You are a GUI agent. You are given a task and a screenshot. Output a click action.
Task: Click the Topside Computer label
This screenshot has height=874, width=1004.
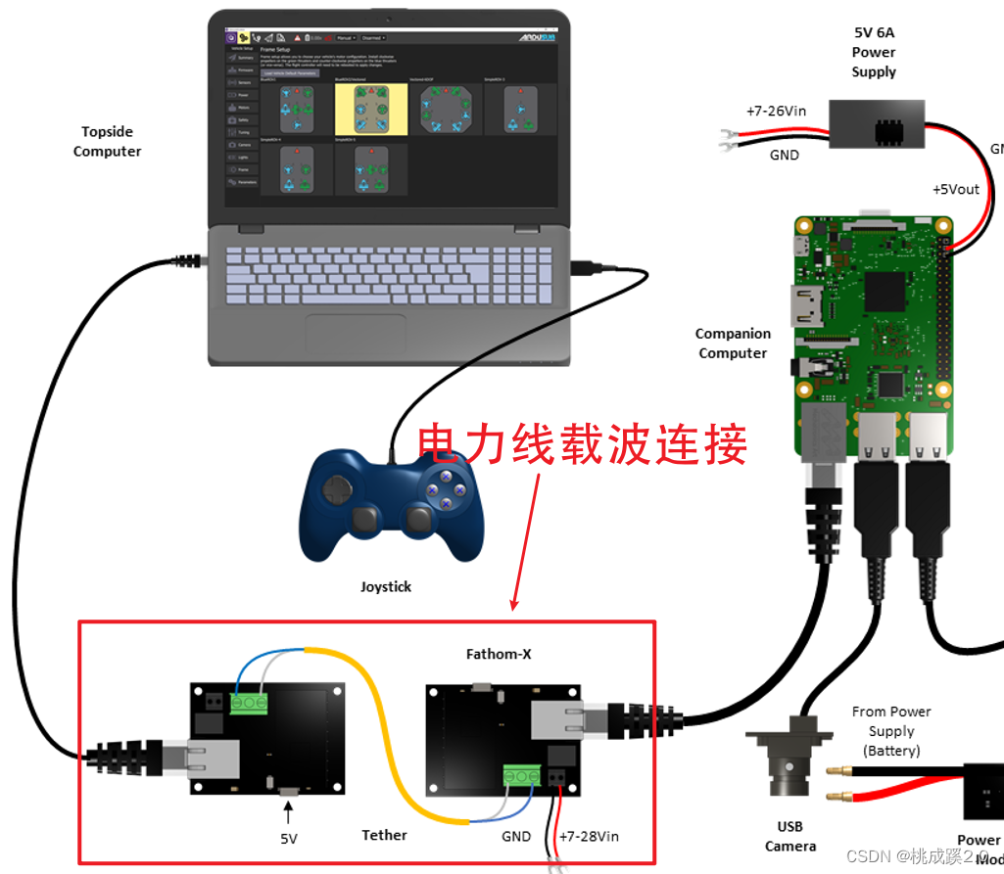[x=107, y=141]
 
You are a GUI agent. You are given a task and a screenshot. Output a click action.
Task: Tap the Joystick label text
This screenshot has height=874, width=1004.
[x=386, y=587]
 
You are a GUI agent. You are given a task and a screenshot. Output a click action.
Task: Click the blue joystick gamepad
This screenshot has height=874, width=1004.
[x=391, y=505]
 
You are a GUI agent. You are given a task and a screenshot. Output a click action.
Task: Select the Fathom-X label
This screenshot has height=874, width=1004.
[x=499, y=654]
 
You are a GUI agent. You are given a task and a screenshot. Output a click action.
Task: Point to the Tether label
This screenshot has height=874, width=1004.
[x=384, y=835]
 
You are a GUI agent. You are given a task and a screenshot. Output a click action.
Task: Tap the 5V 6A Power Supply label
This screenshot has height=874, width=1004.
[x=874, y=52]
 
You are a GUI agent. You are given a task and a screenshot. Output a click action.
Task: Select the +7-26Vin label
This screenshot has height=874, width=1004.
[x=776, y=111]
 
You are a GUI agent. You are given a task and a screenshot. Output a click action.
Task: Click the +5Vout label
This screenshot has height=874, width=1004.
[x=955, y=189]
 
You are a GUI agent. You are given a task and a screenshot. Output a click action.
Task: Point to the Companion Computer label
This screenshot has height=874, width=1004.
[x=733, y=344]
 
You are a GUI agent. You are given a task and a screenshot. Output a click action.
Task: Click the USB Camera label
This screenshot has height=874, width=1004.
[x=790, y=836]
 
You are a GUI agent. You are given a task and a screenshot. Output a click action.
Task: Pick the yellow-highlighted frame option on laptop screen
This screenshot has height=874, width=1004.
[x=369, y=109]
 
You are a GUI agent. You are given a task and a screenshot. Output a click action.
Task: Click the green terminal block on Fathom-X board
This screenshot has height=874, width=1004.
[x=522, y=775]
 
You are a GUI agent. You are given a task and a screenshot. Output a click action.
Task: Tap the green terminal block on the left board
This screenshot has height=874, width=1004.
[x=250, y=702]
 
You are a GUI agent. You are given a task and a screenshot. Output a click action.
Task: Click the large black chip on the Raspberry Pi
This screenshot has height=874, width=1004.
[x=885, y=291]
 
